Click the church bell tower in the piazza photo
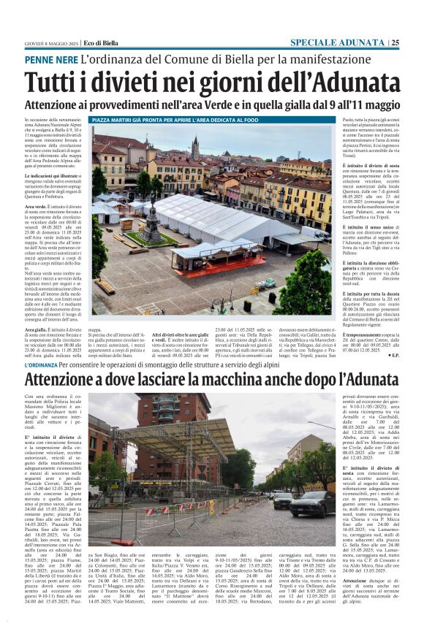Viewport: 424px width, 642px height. click(x=195, y=149)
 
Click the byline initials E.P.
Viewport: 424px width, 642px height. click(x=395, y=356)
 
